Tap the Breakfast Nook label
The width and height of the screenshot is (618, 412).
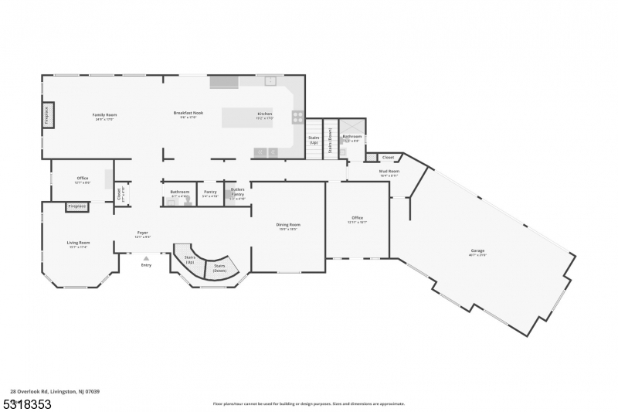(188, 114)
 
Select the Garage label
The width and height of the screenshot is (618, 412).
(478, 251)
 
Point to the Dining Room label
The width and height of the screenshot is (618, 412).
(288, 225)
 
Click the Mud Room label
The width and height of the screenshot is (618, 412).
(389, 172)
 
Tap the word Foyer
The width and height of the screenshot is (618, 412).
(143, 233)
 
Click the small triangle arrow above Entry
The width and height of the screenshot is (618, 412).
(146, 258)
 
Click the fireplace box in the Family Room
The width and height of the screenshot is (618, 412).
(47, 115)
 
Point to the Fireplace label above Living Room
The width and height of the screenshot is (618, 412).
(76, 206)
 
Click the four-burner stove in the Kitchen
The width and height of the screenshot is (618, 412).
(297, 117)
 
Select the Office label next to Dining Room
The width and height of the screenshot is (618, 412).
(357, 219)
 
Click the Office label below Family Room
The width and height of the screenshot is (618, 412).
(83, 179)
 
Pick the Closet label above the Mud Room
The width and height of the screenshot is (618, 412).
(388, 157)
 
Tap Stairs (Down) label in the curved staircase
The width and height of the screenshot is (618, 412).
(220, 267)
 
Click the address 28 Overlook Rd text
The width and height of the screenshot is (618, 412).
(54, 391)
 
